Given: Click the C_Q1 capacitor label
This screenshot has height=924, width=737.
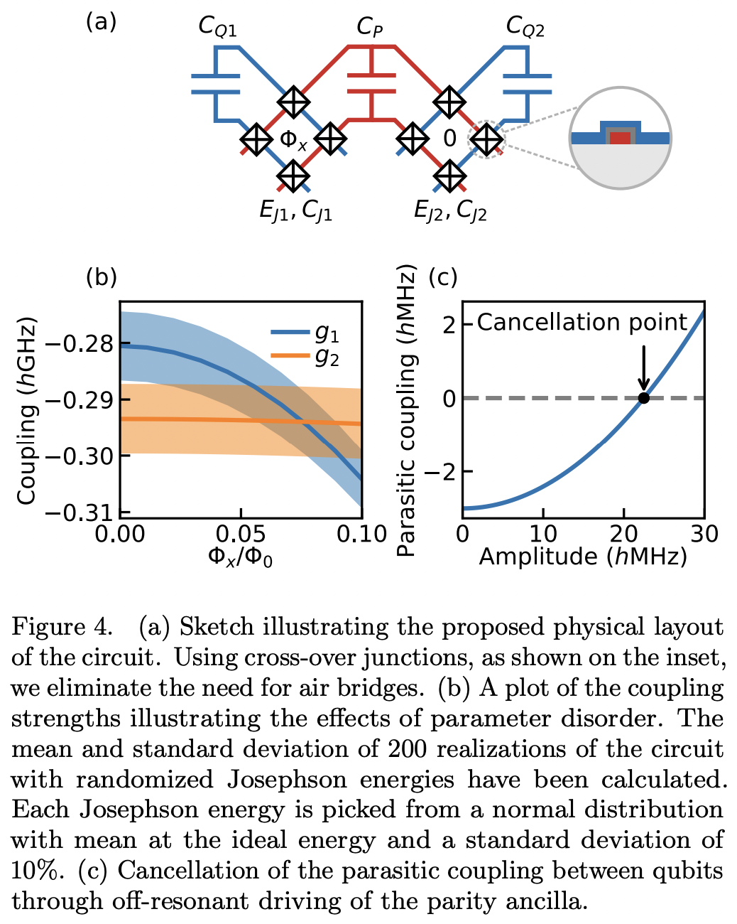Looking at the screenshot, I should point(217,27).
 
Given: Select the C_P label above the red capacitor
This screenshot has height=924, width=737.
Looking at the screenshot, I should point(370,27).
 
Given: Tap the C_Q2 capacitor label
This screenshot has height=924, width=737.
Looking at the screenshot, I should point(525,27).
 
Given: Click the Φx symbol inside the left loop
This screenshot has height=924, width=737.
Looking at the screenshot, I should point(293,139).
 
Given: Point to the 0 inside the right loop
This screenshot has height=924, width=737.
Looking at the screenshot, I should point(449,139).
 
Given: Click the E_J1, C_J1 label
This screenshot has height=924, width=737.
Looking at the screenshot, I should point(295,211).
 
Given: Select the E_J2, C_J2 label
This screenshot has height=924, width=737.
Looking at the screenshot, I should point(450,211).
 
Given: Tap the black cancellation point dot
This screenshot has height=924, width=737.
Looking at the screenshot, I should point(643,398).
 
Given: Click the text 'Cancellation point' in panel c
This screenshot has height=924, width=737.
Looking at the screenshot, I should point(582,323).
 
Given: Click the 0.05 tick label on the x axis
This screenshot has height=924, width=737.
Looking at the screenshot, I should point(241,534).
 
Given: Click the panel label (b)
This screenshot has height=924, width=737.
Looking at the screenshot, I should point(101,276).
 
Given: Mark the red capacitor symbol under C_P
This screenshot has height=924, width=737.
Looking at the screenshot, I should point(370,83).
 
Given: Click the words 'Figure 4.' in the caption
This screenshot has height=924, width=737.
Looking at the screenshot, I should point(62,627).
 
